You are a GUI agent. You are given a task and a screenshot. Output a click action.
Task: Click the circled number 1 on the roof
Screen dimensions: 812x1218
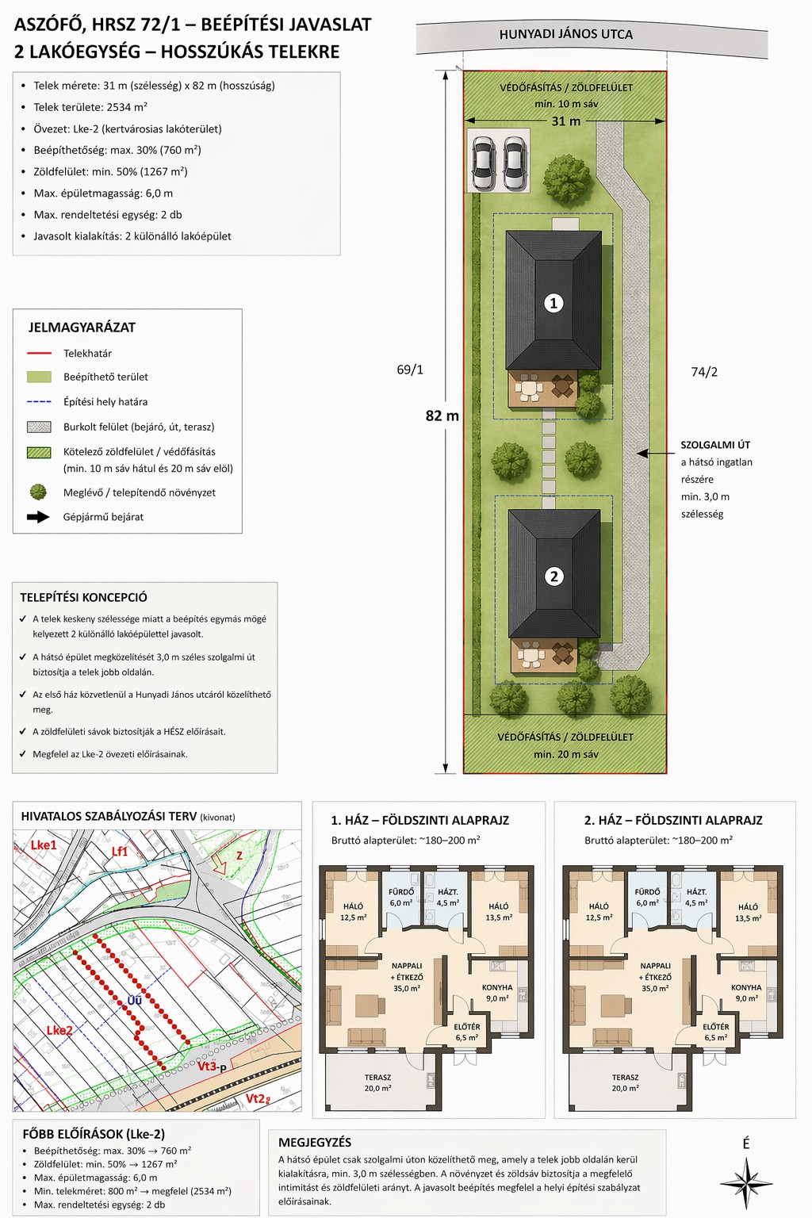553,303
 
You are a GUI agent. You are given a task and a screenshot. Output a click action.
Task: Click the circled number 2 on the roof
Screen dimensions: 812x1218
554,576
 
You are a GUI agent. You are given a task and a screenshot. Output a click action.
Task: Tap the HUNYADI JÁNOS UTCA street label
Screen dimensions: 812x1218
565,34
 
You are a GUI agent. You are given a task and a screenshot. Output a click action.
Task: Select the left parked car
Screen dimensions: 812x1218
484,163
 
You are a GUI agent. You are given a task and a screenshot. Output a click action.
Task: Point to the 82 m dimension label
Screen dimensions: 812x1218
442,416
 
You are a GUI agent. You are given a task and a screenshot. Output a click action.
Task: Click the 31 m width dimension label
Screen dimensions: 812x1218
565,121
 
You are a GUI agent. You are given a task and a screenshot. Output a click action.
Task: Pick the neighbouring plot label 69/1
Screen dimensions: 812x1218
409,370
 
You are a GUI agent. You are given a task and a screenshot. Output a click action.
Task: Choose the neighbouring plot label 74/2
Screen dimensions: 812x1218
704,372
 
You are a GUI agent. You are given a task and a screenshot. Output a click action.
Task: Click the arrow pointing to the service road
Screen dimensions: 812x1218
655,453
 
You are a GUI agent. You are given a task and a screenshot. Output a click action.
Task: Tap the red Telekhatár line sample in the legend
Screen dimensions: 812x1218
39,354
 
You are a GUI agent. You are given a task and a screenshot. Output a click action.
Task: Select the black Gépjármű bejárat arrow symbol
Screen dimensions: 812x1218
38,517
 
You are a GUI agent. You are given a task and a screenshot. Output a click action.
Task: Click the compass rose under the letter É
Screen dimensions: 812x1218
746,1183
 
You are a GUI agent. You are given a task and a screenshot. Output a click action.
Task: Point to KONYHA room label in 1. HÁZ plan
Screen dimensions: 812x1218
497,987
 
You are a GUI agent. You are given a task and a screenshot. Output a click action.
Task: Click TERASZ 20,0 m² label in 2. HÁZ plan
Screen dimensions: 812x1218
625,1082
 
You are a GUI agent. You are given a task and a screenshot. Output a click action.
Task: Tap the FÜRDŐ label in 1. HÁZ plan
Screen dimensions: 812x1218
401,892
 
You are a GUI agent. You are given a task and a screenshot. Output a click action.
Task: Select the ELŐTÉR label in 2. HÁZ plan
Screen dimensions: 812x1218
716,1027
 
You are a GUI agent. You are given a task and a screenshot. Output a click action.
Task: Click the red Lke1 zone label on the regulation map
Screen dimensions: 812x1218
43,845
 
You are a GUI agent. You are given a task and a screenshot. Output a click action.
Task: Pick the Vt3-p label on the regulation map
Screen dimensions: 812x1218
211,1067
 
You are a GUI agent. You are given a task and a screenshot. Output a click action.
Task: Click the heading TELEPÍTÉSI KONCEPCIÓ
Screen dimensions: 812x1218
84,597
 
